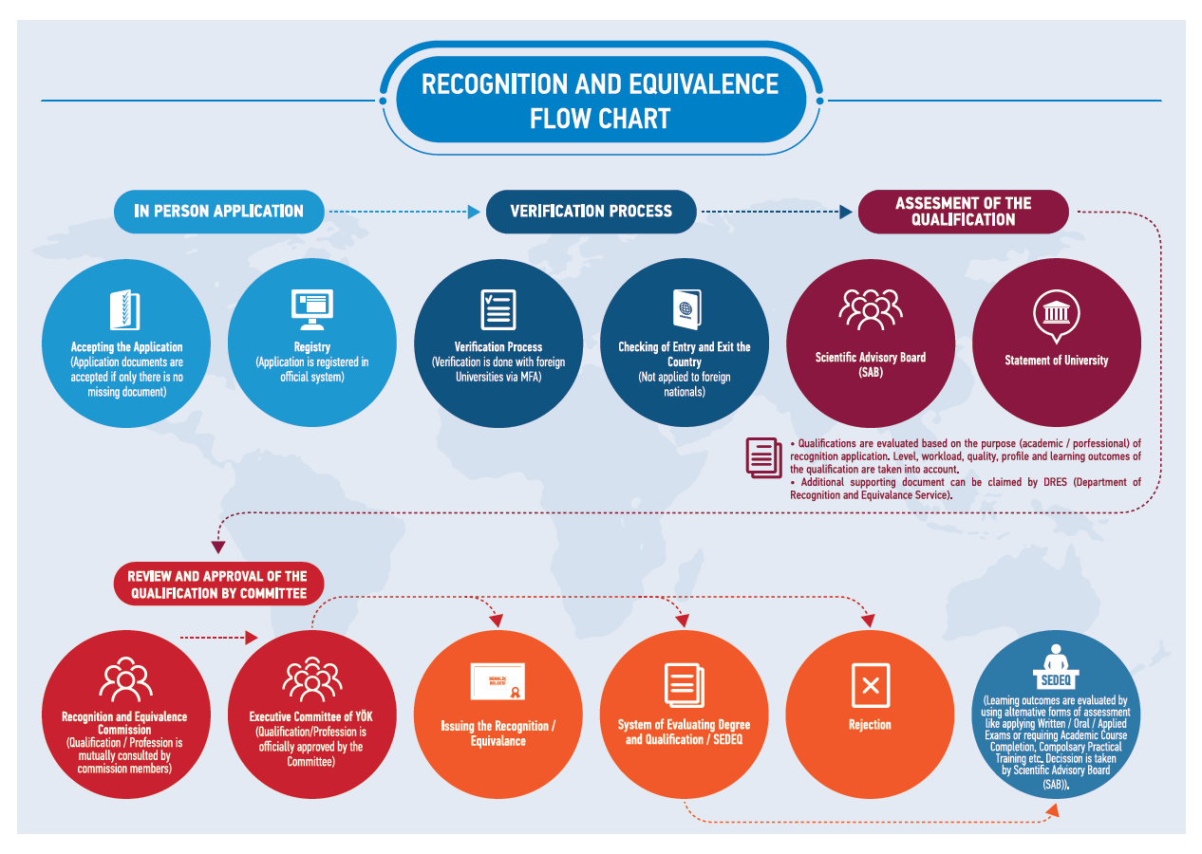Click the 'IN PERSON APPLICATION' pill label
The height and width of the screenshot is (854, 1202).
click(x=219, y=212)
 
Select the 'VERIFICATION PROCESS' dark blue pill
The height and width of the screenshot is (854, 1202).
click(x=591, y=212)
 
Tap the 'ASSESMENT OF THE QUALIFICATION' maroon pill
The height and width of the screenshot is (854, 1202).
click(x=963, y=212)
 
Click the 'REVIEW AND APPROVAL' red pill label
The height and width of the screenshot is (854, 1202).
click(x=218, y=585)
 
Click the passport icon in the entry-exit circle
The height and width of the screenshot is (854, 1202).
click(x=686, y=309)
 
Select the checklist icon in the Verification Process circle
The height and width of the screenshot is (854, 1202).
click(x=498, y=309)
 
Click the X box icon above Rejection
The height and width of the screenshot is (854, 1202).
click(x=871, y=685)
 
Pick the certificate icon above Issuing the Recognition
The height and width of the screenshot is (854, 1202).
click(x=498, y=681)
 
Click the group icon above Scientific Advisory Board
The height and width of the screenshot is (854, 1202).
click(x=871, y=309)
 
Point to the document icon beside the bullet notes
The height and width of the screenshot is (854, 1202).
click(x=763, y=457)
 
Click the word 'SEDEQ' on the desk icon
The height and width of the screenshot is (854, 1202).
click(x=1056, y=680)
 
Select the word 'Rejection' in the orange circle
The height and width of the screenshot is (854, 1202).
click(x=870, y=725)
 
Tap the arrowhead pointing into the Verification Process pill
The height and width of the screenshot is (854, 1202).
click(x=474, y=212)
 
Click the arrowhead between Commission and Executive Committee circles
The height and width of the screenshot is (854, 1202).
click(x=252, y=638)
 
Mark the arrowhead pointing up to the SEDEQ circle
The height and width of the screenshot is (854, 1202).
click(x=1053, y=810)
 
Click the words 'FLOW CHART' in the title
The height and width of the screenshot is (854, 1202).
click(x=600, y=119)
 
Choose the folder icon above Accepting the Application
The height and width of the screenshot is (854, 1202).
click(x=125, y=309)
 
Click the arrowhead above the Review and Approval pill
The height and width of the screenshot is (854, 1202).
click(x=217, y=548)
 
